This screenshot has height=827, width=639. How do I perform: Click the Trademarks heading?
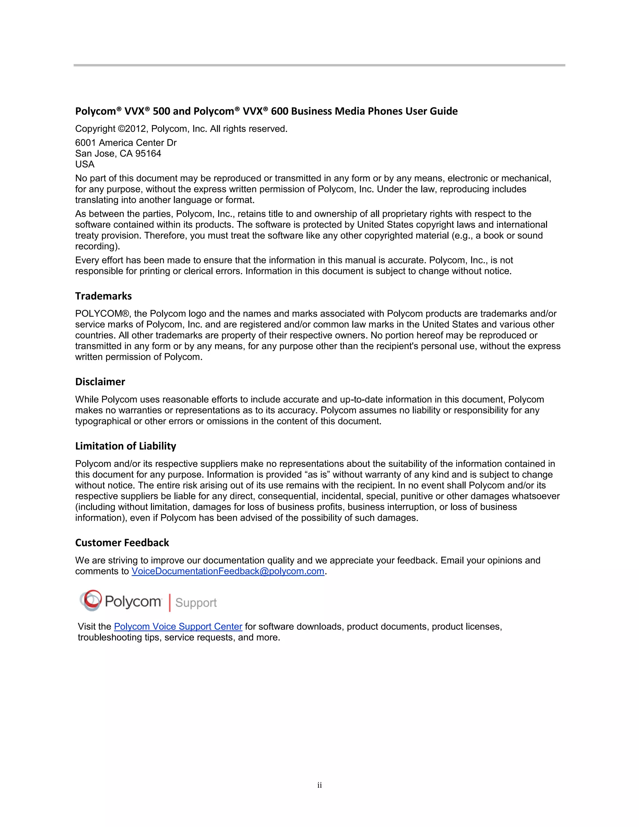[103, 296]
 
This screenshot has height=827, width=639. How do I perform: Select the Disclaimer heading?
[100, 382]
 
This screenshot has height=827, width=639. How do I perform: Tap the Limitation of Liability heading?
[126, 446]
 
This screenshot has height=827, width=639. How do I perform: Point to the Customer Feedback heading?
[122, 543]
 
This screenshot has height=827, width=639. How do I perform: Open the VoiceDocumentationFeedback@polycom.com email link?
[228, 571]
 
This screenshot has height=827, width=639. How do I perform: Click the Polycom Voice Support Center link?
[178, 627]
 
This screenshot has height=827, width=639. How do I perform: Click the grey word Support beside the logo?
[196, 602]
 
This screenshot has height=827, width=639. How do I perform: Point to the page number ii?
[319, 785]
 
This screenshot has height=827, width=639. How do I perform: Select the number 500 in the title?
[162, 111]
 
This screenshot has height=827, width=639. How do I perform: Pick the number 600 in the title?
[280, 111]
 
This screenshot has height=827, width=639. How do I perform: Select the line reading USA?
[85, 164]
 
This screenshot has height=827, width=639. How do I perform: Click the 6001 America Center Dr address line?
[126, 143]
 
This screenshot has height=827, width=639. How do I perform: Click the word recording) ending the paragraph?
[97, 247]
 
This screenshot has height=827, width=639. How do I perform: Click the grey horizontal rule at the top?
[319, 65]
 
